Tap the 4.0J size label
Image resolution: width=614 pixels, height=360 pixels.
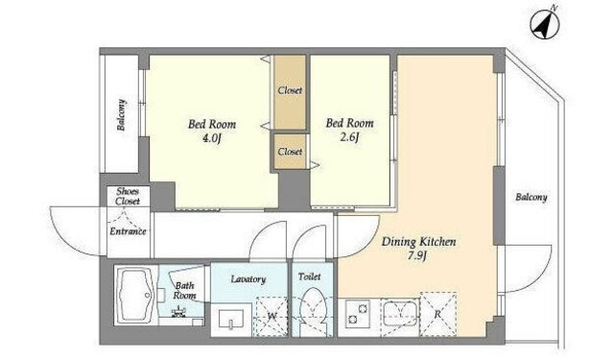212,138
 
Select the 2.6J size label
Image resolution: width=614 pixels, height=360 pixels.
349,137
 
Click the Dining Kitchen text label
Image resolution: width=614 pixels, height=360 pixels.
418,241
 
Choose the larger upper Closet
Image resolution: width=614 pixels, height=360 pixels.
290,92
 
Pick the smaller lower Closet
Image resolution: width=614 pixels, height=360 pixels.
290,152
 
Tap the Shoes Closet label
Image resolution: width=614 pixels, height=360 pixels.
128,196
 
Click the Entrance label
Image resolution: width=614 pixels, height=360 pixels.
128,231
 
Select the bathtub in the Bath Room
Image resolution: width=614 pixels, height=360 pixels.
136,296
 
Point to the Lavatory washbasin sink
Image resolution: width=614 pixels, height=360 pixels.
231,319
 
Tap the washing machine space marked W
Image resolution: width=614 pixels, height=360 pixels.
272,315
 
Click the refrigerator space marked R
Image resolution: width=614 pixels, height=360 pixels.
438,314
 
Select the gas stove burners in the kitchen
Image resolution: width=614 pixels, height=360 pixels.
358,313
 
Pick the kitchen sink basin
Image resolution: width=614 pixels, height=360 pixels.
399,313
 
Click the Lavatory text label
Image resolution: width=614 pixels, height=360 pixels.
248,279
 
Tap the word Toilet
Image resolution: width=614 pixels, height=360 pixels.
309,276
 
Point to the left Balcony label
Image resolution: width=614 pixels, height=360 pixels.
121,115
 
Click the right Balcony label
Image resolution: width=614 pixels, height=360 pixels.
531,198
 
